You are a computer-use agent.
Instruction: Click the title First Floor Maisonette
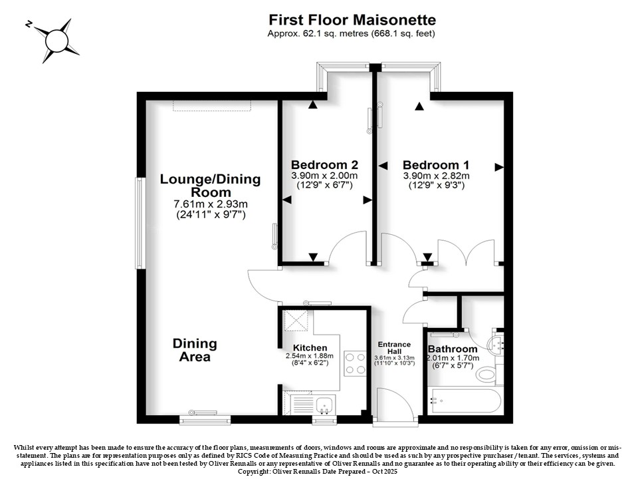click(x=352, y=19)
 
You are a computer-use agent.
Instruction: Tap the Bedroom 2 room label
click(x=324, y=165)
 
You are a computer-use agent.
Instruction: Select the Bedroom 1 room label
click(x=436, y=165)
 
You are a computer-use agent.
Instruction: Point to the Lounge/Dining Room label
click(x=211, y=186)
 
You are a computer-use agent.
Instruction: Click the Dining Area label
click(x=195, y=350)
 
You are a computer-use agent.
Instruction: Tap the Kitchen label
click(x=310, y=348)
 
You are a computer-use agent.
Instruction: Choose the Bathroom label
click(x=453, y=349)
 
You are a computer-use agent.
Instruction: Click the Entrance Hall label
click(x=394, y=348)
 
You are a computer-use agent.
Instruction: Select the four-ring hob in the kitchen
click(x=355, y=363)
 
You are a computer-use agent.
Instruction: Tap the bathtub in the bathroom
click(x=464, y=402)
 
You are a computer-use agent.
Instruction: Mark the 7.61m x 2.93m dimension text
click(x=211, y=204)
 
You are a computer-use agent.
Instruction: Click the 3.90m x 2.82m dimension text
click(x=436, y=176)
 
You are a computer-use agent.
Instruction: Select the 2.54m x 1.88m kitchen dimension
click(x=310, y=355)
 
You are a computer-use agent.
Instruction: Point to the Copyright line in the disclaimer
click(x=317, y=472)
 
